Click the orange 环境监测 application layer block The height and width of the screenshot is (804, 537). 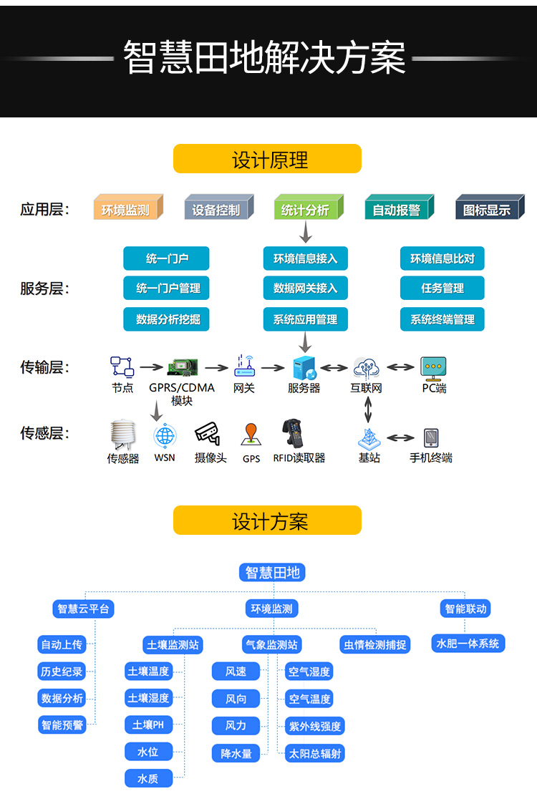[x=128, y=207]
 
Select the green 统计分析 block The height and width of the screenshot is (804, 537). [x=309, y=207]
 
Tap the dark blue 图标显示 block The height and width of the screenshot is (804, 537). [x=490, y=207]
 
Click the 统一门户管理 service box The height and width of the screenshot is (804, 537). [x=166, y=289]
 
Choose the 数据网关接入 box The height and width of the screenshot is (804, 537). [x=306, y=289]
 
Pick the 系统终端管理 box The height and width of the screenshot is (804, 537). [x=442, y=319]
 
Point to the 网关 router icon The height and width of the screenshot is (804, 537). [x=245, y=366]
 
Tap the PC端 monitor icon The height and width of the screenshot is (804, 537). [x=433, y=368]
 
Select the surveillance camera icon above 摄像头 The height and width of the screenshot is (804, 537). [x=208, y=434]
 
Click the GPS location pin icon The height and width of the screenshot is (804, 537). [x=251, y=435]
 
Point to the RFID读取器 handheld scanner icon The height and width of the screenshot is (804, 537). [x=293, y=433]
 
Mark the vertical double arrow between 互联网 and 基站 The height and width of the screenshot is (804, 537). [x=368, y=410]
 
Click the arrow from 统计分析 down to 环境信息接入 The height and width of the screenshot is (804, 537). [x=306, y=232]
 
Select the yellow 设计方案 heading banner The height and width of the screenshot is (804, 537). [x=267, y=520]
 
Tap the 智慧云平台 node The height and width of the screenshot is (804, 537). [x=83, y=609]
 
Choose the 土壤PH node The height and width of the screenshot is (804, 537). [x=148, y=725]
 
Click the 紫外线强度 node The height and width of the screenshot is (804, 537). [x=315, y=726]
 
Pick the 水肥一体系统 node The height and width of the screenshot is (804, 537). [x=468, y=644]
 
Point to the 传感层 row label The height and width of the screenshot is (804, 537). [x=44, y=433]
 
